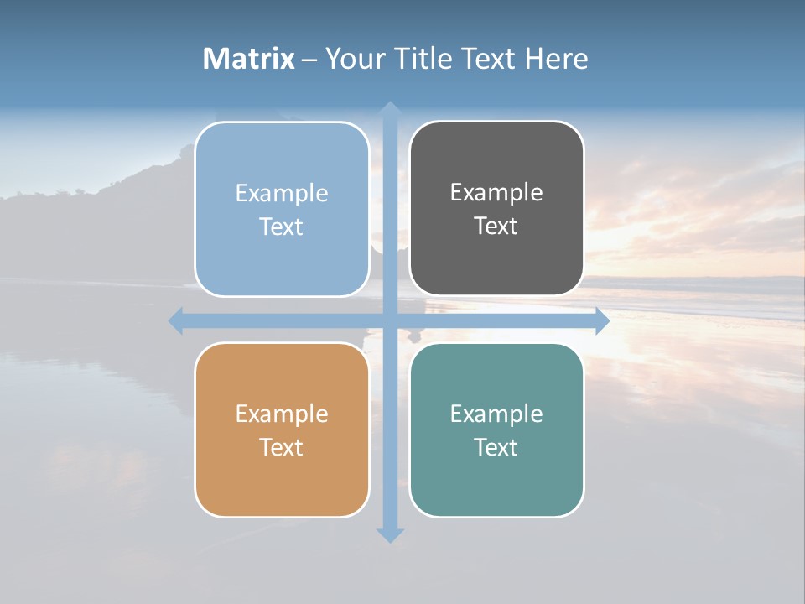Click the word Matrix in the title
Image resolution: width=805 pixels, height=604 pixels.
tap(248, 59)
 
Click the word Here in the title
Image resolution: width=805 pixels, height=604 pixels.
tap(557, 59)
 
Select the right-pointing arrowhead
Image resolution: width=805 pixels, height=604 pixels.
tap(601, 320)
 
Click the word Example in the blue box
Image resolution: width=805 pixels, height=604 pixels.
tap(282, 194)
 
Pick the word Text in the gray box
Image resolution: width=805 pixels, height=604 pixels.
tap(496, 226)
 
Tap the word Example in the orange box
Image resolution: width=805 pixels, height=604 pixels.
tap(282, 414)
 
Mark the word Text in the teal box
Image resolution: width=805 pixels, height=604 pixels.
tap(496, 447)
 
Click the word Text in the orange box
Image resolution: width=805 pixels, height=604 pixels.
tap(282, 447)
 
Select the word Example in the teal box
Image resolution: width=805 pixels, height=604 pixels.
tap(496, 414)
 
